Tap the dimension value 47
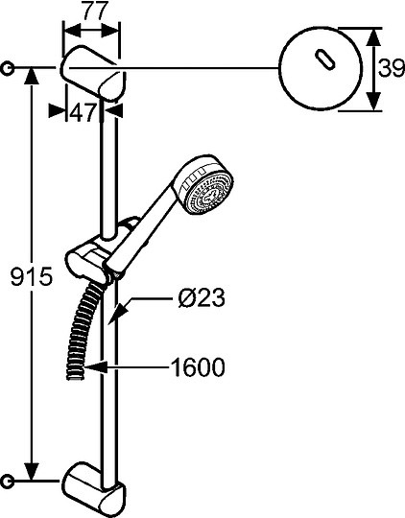83,112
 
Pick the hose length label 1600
192,365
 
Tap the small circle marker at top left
9,68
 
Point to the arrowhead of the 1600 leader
87,365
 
